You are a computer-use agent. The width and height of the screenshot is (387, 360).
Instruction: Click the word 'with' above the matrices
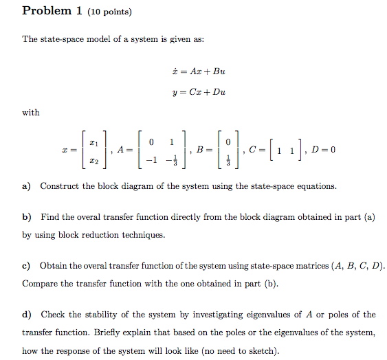(31, 113)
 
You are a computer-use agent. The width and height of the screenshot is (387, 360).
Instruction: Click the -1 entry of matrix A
(151, 161)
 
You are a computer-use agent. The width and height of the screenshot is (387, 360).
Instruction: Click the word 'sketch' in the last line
(263, 350)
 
